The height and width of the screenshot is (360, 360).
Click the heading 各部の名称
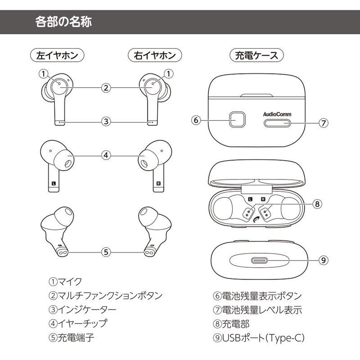[63, 22]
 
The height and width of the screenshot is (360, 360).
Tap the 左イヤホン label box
[57, 55]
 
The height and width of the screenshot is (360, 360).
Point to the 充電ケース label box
[256, 55]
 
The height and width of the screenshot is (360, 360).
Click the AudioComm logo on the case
[277, 114]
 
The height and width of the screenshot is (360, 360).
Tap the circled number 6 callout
[195, 121]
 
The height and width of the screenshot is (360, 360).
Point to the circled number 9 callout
[322, 260]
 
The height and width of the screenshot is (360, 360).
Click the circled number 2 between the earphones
[106, 88]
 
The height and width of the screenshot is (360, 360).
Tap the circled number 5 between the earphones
[106, 252]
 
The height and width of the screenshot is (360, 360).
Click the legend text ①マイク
[65, 282]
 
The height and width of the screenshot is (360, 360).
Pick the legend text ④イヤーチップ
[78, 323]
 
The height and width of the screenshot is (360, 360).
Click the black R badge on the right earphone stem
[158, 184]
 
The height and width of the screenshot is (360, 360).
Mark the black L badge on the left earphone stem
[54, 184]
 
